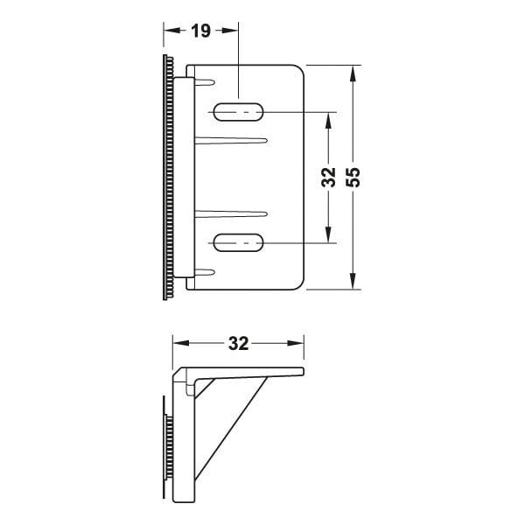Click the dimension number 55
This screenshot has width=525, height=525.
point(353,178)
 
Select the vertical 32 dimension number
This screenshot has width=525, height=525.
point(328,178)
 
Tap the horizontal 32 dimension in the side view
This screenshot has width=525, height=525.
point(238,344)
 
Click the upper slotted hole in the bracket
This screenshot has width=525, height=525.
point(239,112)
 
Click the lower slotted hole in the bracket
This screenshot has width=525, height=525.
point(239,242)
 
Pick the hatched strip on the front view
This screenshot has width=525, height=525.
point(166,178)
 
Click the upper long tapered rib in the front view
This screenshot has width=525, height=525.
point(232,139)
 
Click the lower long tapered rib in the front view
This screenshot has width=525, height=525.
point(232,212)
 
